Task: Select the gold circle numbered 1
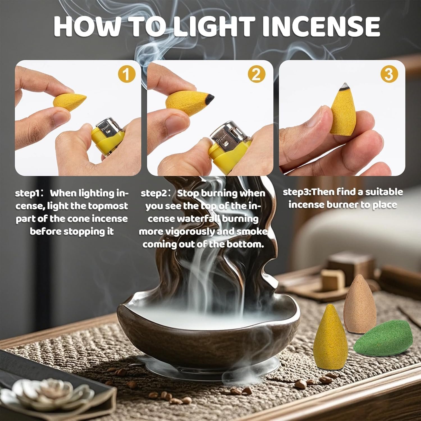pos(127,75)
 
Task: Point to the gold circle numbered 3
pos(389,75)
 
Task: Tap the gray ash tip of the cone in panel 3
pos(344,86)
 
